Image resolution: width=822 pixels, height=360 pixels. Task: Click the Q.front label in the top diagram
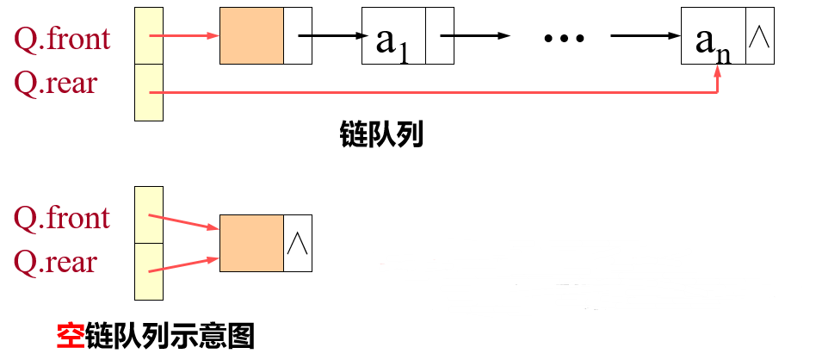(62, 38)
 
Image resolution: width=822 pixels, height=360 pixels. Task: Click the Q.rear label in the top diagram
(56, 84)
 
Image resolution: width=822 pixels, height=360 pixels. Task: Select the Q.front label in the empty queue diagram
(62, 217)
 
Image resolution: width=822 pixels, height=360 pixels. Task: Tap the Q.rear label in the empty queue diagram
(56, 262)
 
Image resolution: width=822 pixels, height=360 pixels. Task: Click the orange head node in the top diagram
(251, 35)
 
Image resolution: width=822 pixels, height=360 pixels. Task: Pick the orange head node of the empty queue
(251, 244)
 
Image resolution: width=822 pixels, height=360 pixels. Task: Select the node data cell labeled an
(714, 36)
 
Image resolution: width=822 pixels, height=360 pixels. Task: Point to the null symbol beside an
(759, 36)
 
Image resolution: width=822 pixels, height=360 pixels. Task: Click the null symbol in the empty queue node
(297, 244)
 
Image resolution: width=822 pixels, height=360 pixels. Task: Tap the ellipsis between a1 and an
(565, 37)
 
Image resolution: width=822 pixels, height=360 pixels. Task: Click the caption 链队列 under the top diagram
(381, 134)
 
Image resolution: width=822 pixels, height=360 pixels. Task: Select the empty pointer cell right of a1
(439, 36)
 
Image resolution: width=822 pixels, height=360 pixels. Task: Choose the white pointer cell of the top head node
(297, 35)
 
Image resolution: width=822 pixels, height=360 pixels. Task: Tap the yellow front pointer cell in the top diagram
(148, 35)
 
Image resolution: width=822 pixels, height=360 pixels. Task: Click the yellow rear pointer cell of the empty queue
(148, 270)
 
